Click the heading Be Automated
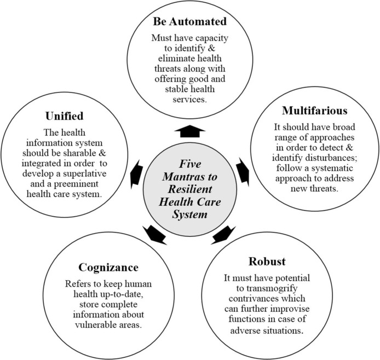[189, 23]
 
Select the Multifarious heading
[315, 112]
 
